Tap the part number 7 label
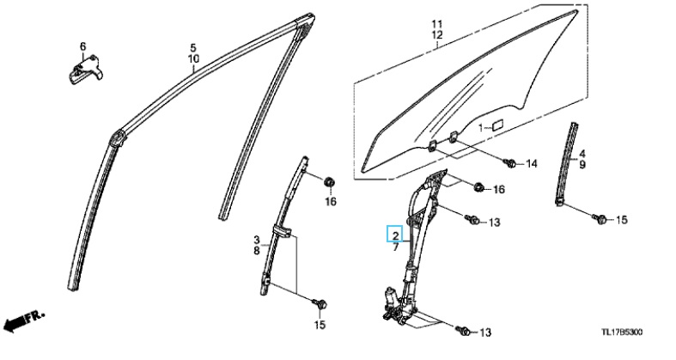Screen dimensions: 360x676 click(395, 247)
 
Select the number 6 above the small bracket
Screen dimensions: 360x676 click(83, 46)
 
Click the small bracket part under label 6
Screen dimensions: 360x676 click(83, 68)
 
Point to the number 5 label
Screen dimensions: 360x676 click(193, 46)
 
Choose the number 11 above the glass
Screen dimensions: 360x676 click(436, 22)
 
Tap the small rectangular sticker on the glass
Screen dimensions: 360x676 click(497, 125)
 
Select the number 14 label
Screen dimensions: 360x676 click(530, 163)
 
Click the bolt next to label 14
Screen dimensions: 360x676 click(509, 162)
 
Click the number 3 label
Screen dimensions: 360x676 click(257, 238)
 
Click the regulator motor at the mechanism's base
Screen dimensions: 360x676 click(391, 300)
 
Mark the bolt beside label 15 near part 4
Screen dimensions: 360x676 click(601, 221)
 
